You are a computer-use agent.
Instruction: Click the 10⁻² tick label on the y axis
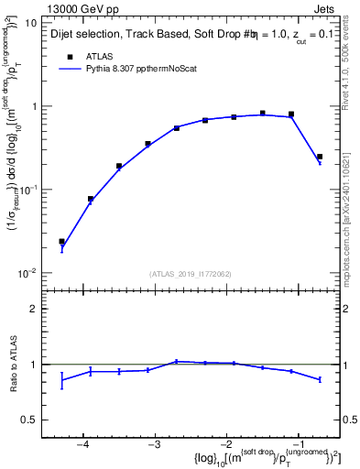pos(29,273)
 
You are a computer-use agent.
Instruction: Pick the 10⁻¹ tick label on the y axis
pos(29,190)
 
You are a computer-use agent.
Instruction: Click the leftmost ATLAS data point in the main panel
pos(61,242)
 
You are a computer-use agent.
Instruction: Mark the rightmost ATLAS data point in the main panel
pos(320,157)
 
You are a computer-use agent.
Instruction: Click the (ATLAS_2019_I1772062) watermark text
pos(190,273)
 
